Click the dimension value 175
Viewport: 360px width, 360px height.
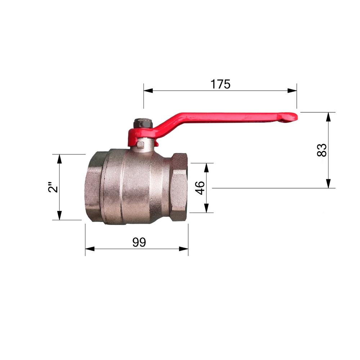(220, 84)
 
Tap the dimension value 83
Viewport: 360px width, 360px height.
(321, 150)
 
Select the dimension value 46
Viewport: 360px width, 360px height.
(199, 188)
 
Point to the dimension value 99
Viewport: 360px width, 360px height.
(139, 242)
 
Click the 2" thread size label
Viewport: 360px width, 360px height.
(53, 187)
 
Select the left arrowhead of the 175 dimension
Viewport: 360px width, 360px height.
(148, 90)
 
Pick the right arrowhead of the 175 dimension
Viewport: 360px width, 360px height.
(292, 90)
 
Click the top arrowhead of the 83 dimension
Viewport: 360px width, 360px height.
(329, 117)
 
